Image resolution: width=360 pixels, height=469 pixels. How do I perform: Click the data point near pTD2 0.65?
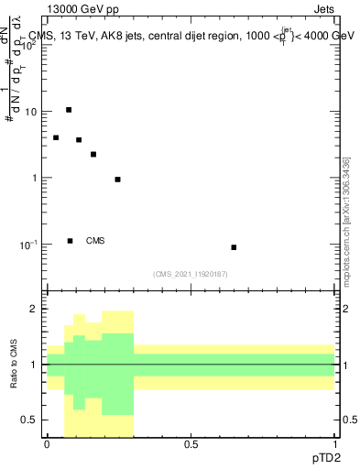[x=234, y=247]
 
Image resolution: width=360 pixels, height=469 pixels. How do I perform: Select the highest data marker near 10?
[x=69, y=110]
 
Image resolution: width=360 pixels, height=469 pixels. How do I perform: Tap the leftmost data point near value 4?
[x=56, y=137]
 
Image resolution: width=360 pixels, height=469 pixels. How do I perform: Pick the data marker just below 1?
[x=117, y=180]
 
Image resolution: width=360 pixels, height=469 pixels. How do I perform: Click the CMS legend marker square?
[x=71, y=241]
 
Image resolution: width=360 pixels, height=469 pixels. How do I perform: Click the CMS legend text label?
[x=95, y=241]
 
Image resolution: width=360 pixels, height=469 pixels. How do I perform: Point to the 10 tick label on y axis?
[x=30, y=112]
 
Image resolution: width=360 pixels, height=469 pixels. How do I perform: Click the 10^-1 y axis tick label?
[x=29, y=244]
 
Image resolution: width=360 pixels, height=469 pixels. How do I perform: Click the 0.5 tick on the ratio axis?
[x=30, y=420]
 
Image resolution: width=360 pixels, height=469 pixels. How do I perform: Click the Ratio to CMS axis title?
[x=14, y=364]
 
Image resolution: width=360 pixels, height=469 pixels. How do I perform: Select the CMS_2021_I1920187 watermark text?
[x=191, y=274]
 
